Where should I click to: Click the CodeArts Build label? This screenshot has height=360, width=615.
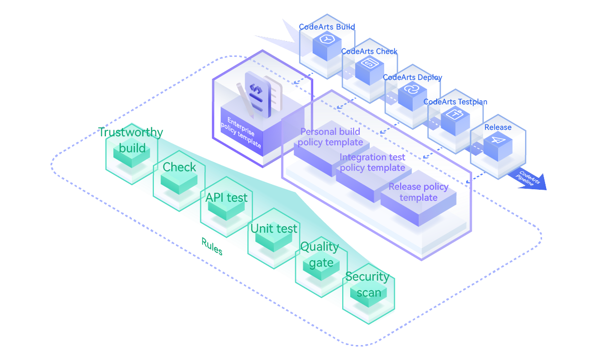coord(327,27)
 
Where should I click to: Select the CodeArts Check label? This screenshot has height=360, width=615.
coord(369,51)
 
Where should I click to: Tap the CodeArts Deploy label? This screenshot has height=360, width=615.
coord(412,77)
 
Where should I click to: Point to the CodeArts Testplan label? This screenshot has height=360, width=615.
coord(455,102)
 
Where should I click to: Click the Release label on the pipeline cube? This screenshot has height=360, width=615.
coord(498,127)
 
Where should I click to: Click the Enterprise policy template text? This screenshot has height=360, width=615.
coord(241,132)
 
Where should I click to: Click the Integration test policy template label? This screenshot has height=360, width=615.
coord(372,163)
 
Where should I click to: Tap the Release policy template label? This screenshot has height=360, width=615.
coord(419,192)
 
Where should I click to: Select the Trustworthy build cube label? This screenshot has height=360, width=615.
coord(131,140)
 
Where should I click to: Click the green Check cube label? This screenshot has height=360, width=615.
coord(179,167)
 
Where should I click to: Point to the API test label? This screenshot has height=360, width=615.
coord(226,198)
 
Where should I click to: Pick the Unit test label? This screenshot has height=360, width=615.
coord(274,229)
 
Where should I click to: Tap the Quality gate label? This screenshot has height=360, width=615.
coord(320,254)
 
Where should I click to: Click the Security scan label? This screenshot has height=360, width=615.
coord(367,284)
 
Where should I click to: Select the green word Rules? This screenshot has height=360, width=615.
coord(212,246)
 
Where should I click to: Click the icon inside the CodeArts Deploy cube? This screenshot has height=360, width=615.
coord(412,90)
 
